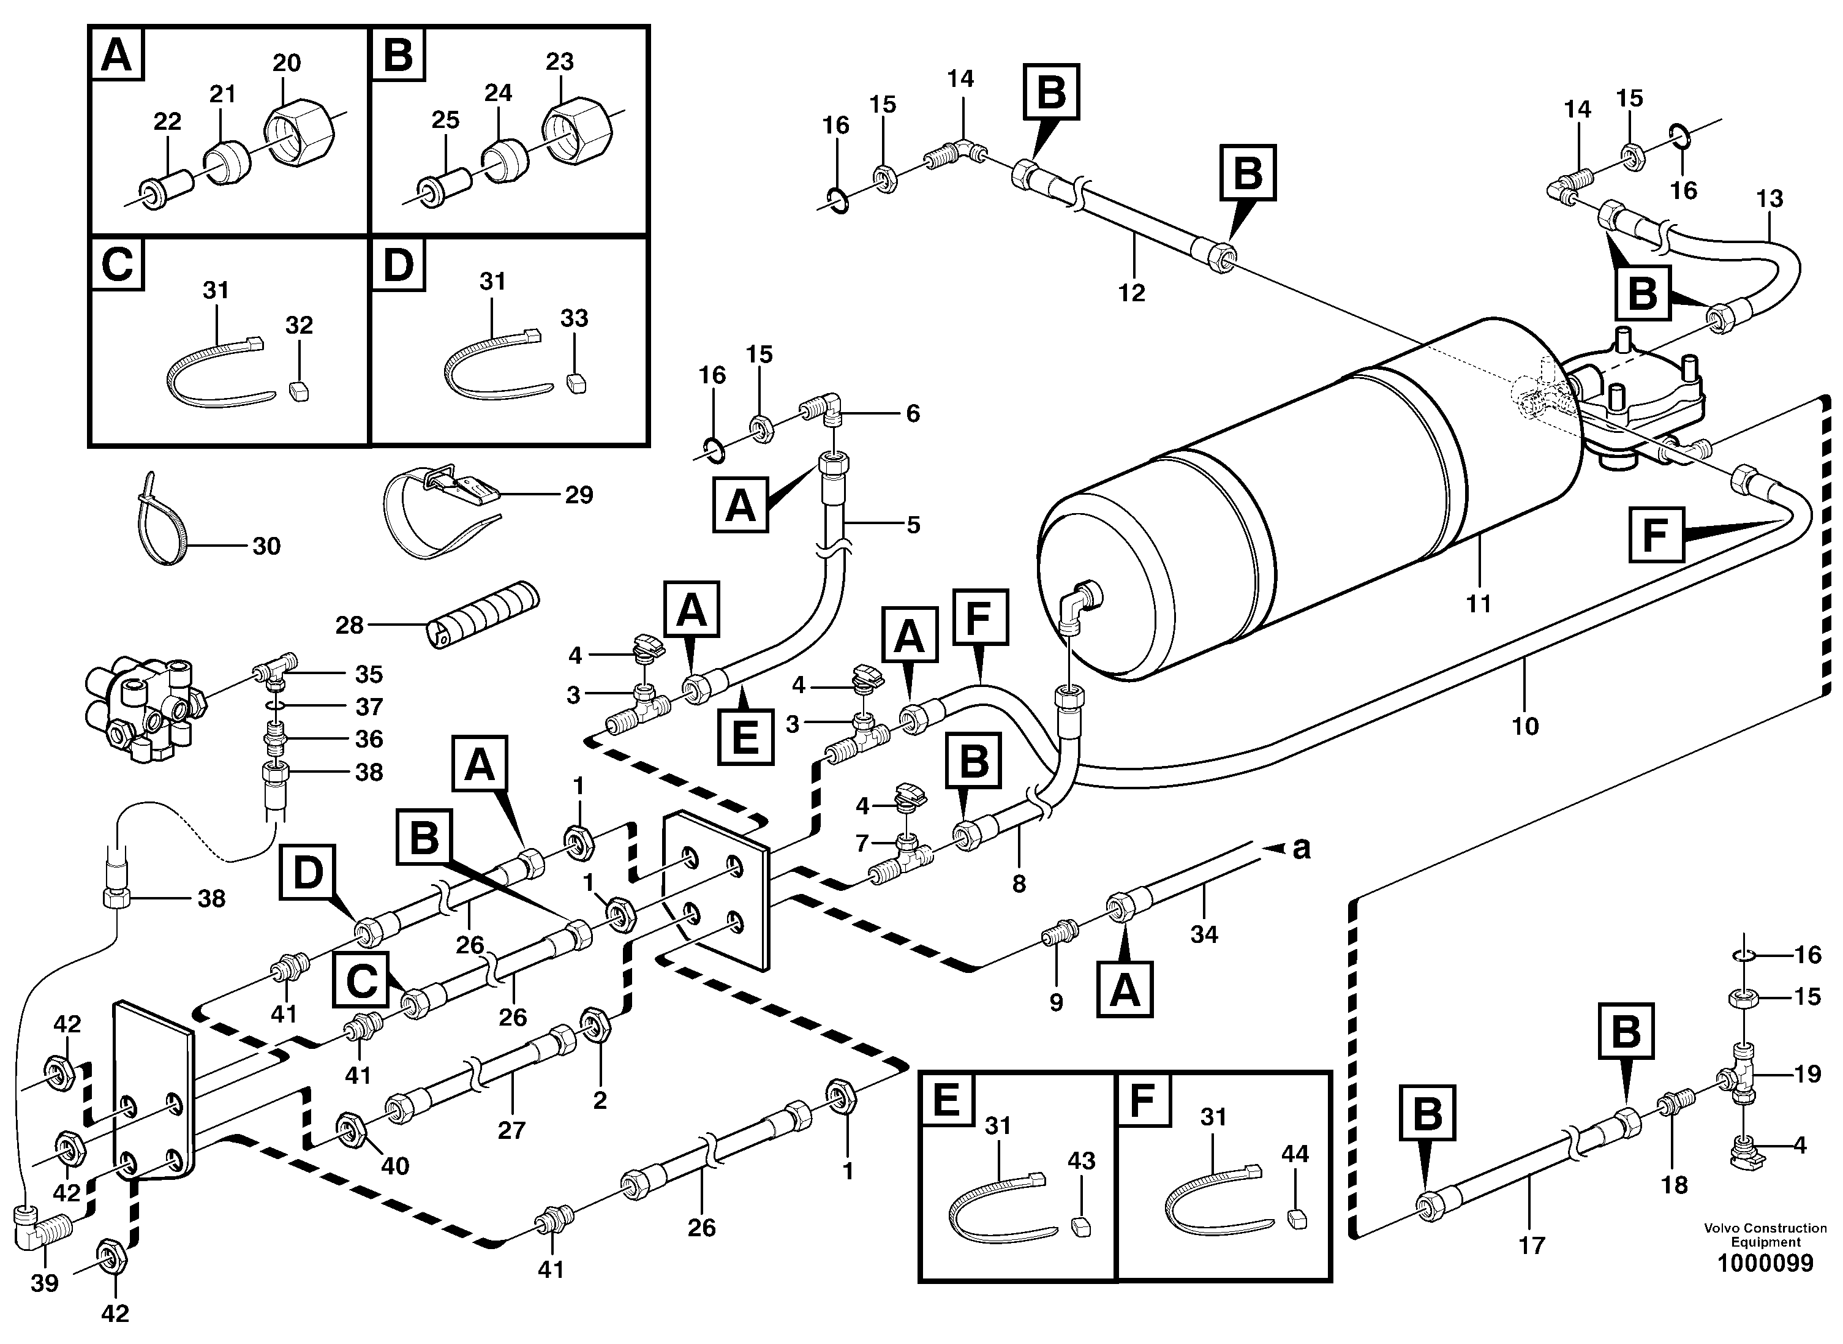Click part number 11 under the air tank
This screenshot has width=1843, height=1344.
click(x=1479, y=604)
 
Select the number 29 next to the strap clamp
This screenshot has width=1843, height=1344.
click(x=579, y=495)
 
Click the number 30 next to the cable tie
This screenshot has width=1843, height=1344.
click(x=266, y=546)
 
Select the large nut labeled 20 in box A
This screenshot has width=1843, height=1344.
click(x=299, y=130)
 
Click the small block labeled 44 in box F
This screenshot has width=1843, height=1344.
click(x=1297, y=1217)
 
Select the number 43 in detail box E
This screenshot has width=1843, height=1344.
click(x=1082, y=1161)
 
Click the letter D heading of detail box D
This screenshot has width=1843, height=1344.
click(x=398, y=265)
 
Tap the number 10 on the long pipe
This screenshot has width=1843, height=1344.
click(x=1525, y=726)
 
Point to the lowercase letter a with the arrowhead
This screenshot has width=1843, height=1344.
click(x=1301, y=849)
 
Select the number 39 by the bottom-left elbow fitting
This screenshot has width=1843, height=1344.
click(x=45, y=1283)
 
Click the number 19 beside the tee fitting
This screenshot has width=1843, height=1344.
click(x=1807, y=1074)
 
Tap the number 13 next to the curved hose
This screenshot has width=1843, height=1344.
click(x=1770, y=198)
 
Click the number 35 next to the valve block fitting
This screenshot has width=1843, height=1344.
click(x=369, y=674)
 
